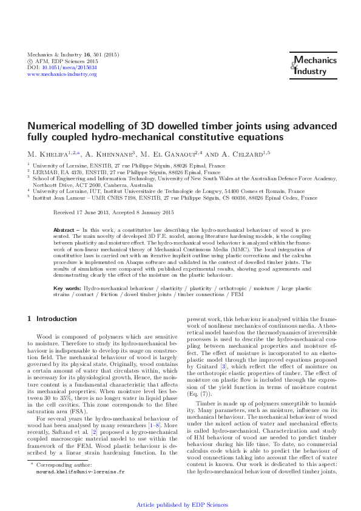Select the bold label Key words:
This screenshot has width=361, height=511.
pyautogui.click(x=67, y=288)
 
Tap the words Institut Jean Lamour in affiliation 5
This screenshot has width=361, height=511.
pyautogui.click(x=58, y=198)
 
